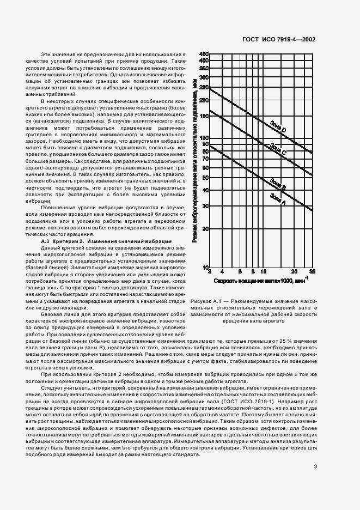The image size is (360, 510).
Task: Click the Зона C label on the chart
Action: [278, 149]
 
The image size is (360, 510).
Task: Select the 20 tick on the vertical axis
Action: [205, 229]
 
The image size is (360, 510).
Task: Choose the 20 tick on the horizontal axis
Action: [294, 271]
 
